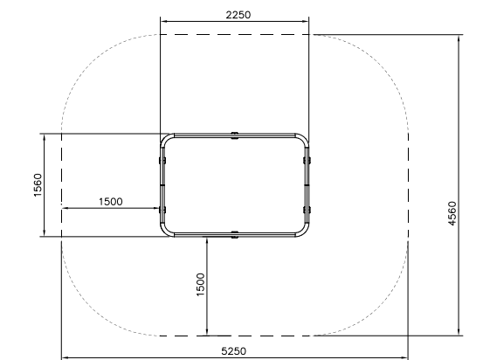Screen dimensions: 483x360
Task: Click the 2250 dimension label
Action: (x=238, y=15)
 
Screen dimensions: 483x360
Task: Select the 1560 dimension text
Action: (x=38, y=185)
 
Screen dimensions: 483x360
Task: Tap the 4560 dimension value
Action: (x=452, y=213)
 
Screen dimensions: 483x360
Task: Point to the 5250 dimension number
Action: (x=234, y=351)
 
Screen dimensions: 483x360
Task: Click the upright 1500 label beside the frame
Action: (x=111, y=202)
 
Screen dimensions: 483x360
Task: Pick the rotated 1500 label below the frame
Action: (x=200, y=285)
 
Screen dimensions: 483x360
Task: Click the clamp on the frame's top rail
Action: (x=234, y=135)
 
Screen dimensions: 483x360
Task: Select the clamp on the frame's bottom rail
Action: (x=234, y=235)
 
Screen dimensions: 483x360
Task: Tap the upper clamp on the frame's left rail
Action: (x=162, y=160)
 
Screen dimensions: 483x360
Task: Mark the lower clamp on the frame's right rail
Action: (x=307, y=210)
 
